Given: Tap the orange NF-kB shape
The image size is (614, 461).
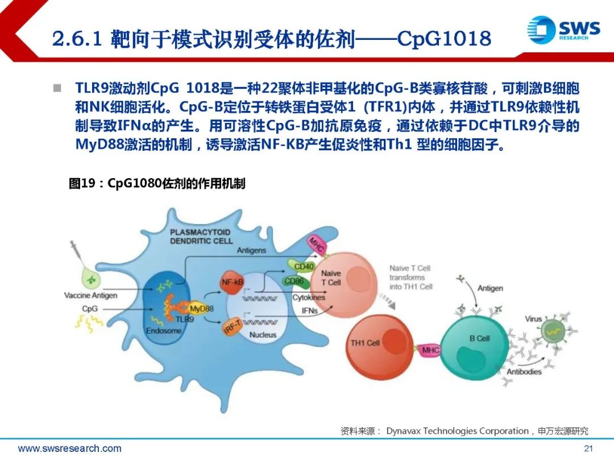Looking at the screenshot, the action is click(232, 282).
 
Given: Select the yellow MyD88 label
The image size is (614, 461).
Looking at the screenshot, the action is click(201, 308).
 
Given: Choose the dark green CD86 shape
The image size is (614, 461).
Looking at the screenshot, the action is click(294, 282).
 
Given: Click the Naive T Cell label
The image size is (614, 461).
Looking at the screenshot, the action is click(331, 278).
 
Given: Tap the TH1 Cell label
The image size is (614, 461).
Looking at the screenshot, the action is click(365, 343).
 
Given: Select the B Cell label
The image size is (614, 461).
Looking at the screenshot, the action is click(479, 338).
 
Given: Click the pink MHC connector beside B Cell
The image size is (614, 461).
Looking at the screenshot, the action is click(430, 349).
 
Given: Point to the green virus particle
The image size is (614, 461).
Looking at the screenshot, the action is click(553, 332).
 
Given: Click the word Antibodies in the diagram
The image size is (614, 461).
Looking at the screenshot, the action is click(524, 371).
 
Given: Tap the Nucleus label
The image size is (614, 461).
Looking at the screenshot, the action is click(263, 335).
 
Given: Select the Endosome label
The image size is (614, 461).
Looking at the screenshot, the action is click(164, 331).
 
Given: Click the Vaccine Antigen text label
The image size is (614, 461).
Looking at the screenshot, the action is click(90, 295).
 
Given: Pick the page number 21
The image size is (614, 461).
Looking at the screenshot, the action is click(588, 448).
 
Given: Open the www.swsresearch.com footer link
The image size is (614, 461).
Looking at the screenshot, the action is click(70, 448).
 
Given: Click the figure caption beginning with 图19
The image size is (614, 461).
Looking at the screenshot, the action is click(157, 183).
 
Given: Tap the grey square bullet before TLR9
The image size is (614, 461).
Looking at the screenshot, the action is click(57, 88).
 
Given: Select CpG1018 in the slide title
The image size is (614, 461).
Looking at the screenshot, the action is click(444, 39).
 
